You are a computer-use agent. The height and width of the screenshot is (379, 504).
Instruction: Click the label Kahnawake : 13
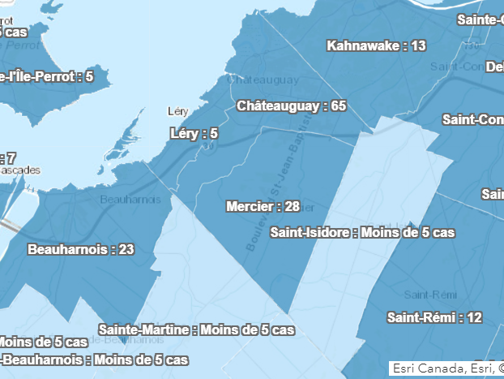pyautogui.click(x=376, y=46)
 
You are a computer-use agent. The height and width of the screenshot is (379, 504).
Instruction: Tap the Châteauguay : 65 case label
pyautogui.click(x=292, y=106)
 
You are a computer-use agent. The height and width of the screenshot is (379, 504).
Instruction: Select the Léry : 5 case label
pyautogui.click(x=194, y=133)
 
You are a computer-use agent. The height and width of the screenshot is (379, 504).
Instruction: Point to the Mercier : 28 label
pyautogui.click(x=263, y=206)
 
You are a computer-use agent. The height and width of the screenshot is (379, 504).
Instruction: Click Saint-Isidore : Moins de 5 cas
pyautogui.click(x=362, y=233)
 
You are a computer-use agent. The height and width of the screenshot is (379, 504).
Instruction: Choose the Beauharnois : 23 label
pyautogui.click(x=81, y=249)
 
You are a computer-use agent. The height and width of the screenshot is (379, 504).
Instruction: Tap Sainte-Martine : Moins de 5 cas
pyautogui.click(x=196, y=330)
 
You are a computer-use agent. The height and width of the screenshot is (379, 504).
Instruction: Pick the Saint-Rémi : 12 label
pyautogui.click(x=434, y=317)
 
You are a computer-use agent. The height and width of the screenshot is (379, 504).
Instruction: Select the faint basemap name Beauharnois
pyautogui.click(x=126, y=199)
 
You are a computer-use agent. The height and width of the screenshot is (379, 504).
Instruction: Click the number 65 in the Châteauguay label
pyautogui.click(x=339, y=106)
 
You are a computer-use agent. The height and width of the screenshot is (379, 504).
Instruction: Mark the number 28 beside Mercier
pyautogui.click(x=293, y=206)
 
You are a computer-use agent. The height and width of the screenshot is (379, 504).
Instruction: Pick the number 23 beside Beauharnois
pyautogui.click(x=126, y=249)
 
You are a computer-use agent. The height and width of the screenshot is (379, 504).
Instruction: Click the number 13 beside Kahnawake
pyautogui.click(x=418, y=46)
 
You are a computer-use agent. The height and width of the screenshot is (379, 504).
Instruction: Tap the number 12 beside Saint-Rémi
pyautogui.click(x=475, y=317)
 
